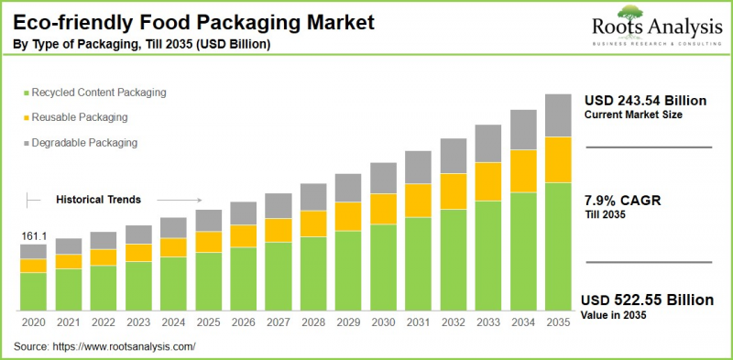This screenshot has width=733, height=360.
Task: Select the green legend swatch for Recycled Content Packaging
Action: tap(24, 93)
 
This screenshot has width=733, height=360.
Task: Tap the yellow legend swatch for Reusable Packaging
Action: tap(24, 117)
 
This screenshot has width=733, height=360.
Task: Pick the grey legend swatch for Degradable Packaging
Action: tap(24, 143)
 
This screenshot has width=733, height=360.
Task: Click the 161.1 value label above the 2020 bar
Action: tap(33, 236)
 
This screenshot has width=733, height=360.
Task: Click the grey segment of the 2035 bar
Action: tap(557, 115)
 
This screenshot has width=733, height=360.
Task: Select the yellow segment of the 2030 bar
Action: tap(383, 209)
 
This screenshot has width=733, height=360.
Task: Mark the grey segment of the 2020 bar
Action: tap(33, 251)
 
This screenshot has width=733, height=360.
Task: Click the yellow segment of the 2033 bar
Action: tap(487, 181)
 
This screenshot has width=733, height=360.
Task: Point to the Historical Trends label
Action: tap(99, 199)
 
